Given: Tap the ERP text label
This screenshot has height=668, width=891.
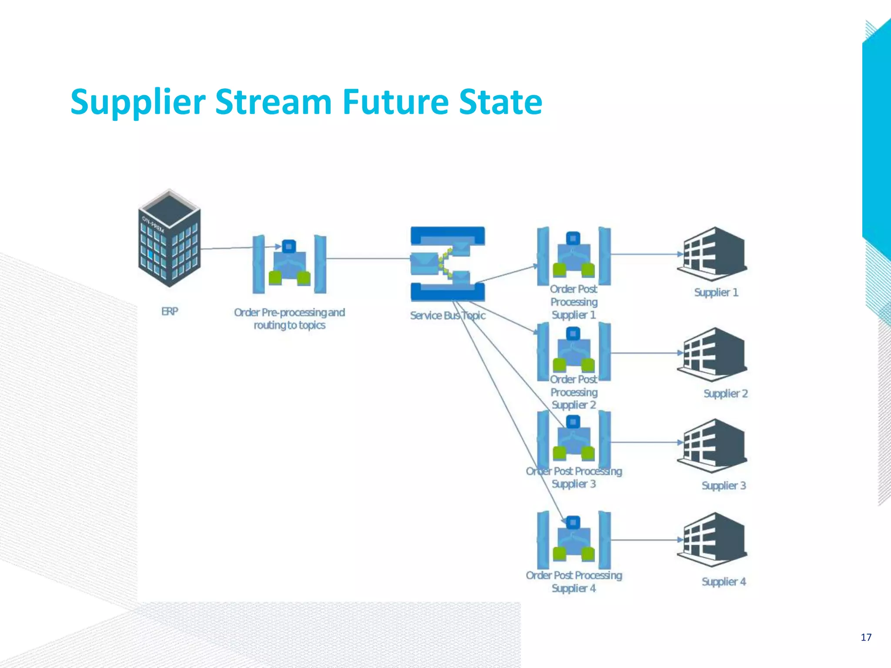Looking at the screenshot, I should click(x=170, y=311).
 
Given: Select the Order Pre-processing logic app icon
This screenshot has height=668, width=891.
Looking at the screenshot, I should click(x=289, y=264).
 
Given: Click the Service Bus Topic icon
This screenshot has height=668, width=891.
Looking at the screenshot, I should click(x=448, y=264).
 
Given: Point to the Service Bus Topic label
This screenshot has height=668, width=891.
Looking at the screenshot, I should click(x=447, y=315).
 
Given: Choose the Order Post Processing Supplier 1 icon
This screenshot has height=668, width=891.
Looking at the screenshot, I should click(x=573, y=256).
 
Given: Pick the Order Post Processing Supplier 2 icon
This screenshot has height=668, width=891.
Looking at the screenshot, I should click(x=573, y=351).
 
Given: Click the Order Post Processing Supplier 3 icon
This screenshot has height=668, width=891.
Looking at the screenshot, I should click(x=573, y=440).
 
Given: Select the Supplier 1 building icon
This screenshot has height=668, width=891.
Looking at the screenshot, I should click(x=712, y=254).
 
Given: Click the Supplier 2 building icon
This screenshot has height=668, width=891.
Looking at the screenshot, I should click(x=712, y=354).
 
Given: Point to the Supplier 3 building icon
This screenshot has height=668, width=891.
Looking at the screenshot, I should click(x=712, y=445).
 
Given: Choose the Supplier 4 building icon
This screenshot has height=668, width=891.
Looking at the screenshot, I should click(x=712, y=539).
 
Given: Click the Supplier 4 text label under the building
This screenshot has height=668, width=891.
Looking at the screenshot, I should click(x=724, y=581).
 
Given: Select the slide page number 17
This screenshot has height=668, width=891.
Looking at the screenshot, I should click(x=866, y=637).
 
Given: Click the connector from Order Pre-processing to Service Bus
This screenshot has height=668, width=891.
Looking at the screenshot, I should click(x=368, y=259).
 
